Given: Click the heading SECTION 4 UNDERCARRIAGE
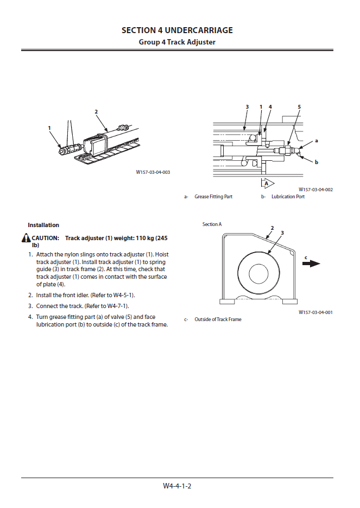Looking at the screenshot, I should (177, 30).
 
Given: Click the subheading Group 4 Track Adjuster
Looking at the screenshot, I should (177, 42).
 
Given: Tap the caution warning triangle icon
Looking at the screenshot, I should (26, 238).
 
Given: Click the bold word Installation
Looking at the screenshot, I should (43, 225).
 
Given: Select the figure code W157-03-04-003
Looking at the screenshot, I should (153, 172).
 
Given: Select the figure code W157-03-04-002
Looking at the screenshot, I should (315, 190).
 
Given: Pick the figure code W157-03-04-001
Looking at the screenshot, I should (315, 312).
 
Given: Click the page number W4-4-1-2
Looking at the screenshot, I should (177, 486).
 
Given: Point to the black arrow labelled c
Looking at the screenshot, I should (311, 264).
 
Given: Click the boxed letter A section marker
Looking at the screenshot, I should (266, 183).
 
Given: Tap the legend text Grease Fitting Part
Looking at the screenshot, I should (213, 197).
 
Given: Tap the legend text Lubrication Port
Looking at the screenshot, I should (288, 197).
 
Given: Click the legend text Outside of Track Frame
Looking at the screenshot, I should (218, 319).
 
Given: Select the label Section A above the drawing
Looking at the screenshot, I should (212, 224).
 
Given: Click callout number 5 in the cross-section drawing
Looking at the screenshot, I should (299, 107).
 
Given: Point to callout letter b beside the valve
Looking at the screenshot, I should (317, 162).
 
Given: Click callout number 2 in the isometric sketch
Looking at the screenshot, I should (96, 112).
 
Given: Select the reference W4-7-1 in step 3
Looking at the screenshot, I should (115, 306).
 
